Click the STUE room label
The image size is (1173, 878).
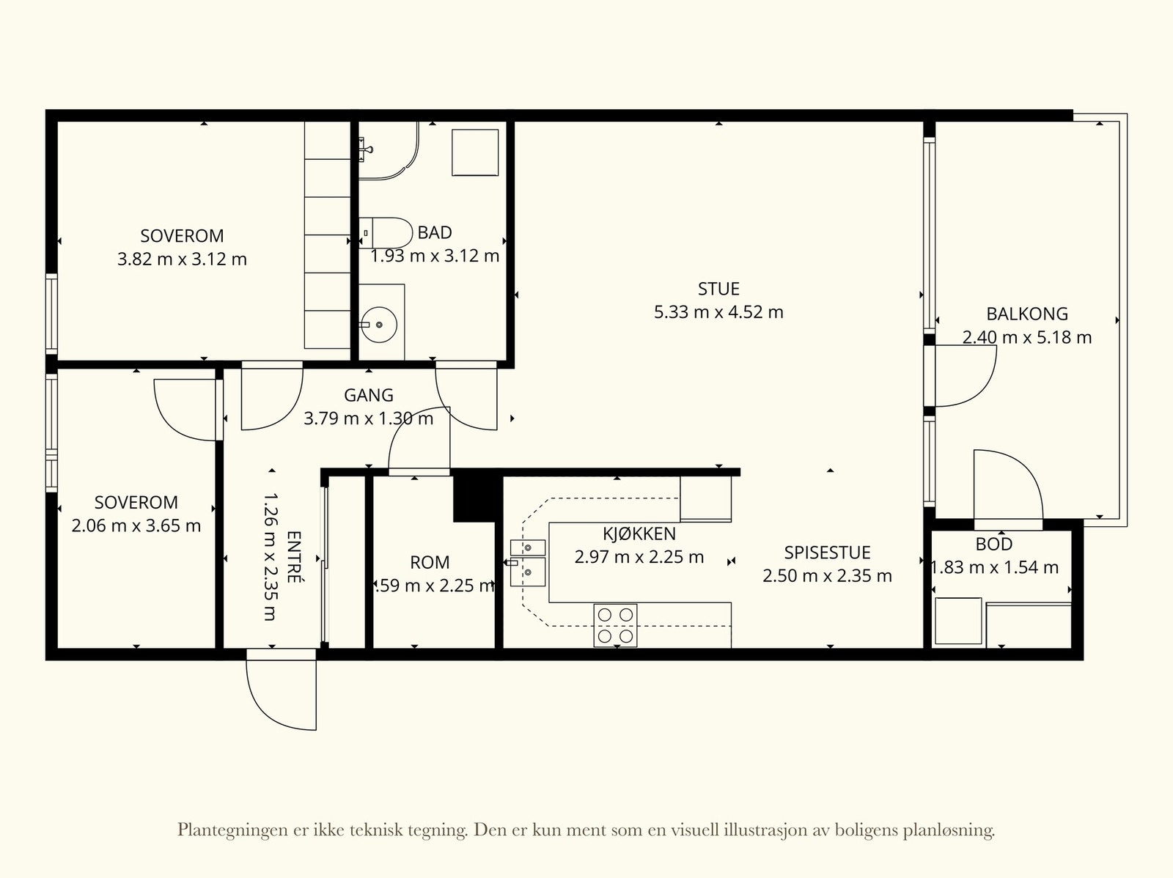[x=718, y=289]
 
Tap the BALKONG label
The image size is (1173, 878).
[x=1026, y=314]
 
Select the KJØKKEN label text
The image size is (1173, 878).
[x=639, y=534]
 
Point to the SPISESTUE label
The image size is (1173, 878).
[x=827, y=552]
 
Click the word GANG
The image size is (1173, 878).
[x=368, y=395]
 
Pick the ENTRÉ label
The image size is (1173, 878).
[x=295, y=557]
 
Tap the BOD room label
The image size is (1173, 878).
[x=993, y=545]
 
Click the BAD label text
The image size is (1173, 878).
[x=435, y=233]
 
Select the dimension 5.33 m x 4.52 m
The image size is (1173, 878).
[x=718, y=312]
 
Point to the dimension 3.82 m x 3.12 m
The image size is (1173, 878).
[x=182, y=259]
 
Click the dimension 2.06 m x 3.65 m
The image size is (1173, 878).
[x=136, y=526]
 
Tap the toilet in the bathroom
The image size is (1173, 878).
[x=385, y=233]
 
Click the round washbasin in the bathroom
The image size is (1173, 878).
[x=379, y=324]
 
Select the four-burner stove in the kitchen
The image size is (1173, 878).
[x=615, y=625]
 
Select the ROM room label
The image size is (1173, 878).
[x=430, y=562]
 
